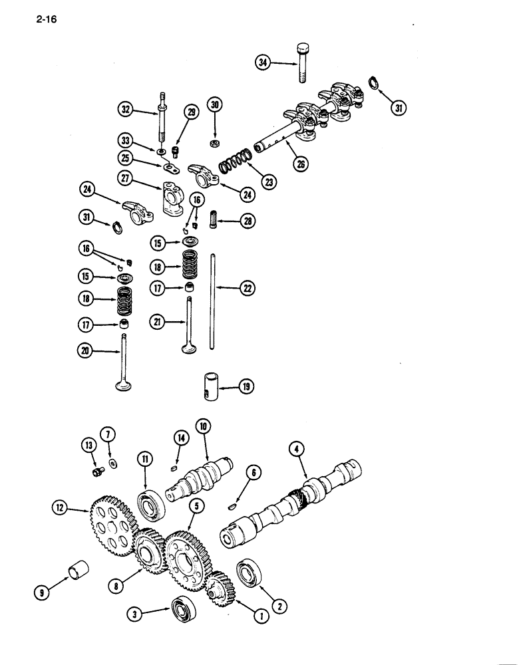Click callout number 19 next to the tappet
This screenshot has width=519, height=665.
(x=246, y=386)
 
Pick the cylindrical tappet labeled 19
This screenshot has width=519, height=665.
(x=212, y=386)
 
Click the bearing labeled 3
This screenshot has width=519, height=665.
(x=182, y=610)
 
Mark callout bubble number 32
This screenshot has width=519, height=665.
(x=127, y=109)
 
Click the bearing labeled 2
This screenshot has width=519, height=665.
(x=249, y=574)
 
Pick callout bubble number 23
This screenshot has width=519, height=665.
(x=268, y=181)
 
